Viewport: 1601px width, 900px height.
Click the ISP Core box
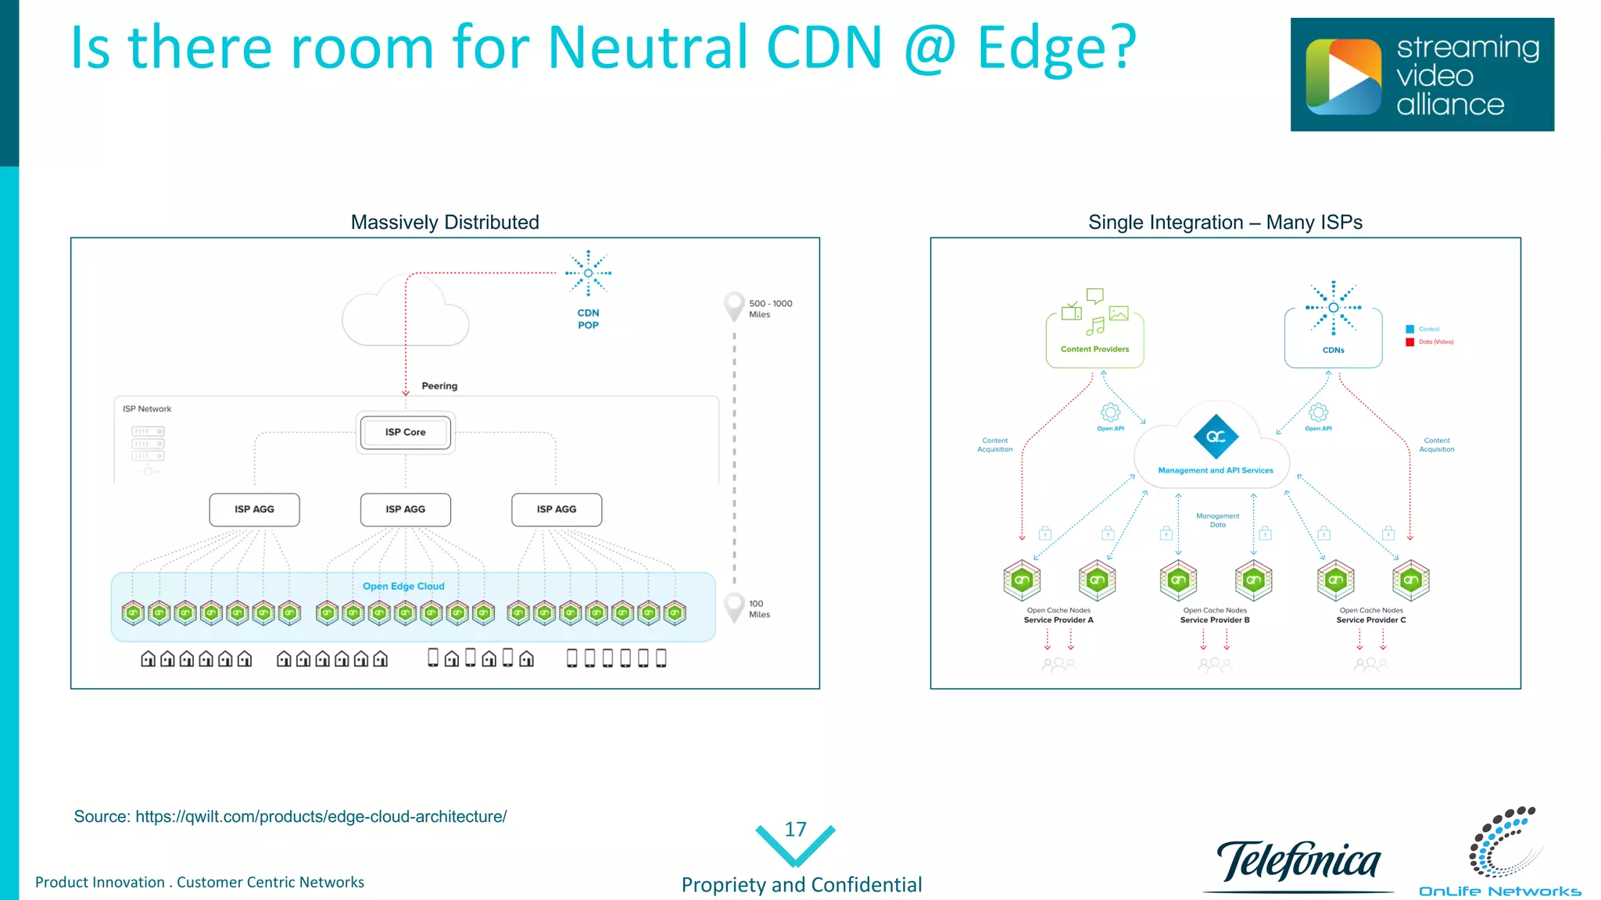[405, 432]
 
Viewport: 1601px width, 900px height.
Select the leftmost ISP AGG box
[254, 509]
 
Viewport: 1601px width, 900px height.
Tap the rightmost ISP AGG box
[556, 509]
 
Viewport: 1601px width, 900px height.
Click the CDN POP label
[588, 319]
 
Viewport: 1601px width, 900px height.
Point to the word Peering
[439, 386]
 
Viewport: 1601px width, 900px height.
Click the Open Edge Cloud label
[403, 586]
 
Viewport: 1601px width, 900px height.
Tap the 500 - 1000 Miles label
[769, 309]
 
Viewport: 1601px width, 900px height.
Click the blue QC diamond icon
[1216, 437]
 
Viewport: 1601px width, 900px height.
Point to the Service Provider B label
[1215, 620]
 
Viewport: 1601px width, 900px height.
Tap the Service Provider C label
[1370, 620]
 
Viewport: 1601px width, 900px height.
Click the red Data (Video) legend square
[1410, 342]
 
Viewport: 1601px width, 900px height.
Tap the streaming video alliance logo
[1422, 75]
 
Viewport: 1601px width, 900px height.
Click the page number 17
[795, 830]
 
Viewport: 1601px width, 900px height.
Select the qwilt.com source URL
[321, 816]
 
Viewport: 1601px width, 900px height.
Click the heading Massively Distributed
[445, 223]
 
